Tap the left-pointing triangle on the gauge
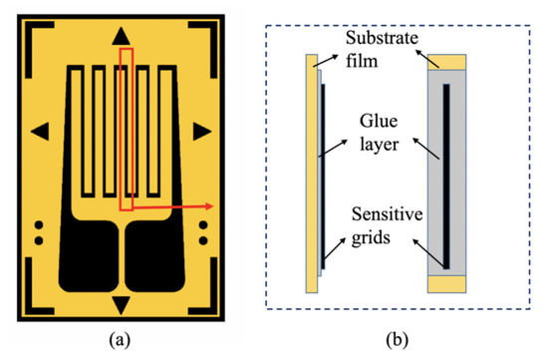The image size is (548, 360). click(x=41, y=130)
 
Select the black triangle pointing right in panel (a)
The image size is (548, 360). click(x=201, y=130)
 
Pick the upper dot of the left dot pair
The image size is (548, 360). click(x=39, y=224)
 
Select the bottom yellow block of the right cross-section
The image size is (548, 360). click(x=445, y=283)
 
